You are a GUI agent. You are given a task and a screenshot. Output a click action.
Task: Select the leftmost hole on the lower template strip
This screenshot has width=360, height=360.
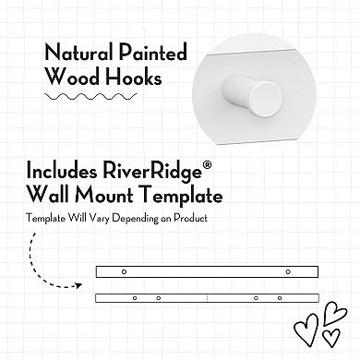click(135, 299)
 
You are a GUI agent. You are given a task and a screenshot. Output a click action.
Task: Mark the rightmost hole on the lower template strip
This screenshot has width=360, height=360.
click(277, 299)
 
